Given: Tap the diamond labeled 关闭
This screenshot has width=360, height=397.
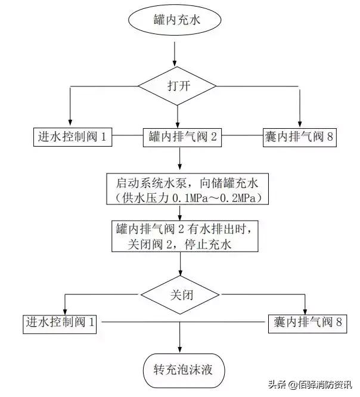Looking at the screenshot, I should pos(180,294).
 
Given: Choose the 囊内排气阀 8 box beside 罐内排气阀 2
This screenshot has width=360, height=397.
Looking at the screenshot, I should pos(300,138).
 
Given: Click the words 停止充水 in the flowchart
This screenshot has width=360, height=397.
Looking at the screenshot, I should pos(210,244).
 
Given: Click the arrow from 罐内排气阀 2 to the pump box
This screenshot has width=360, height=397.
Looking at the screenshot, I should pos(179,159).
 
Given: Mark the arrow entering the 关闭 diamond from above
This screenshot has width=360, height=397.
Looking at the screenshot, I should pos(179,265).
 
